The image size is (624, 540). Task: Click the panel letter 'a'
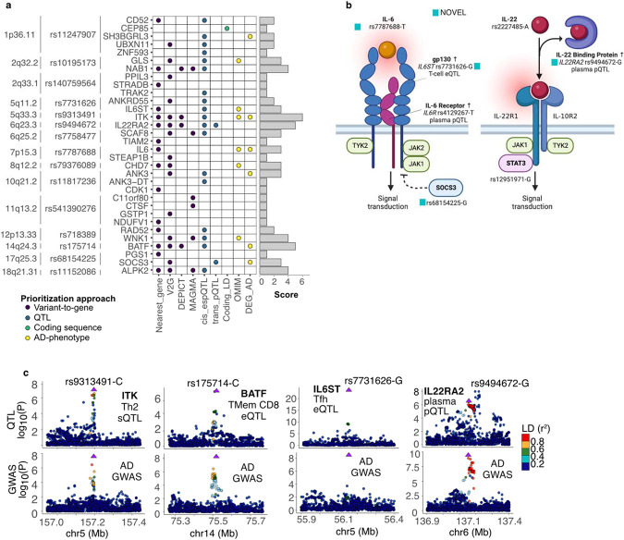point(6,6)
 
